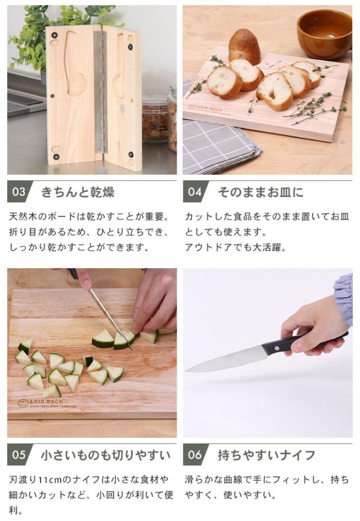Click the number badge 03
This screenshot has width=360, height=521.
[x=19, y=192]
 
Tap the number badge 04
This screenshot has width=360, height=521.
[x=195, y=192]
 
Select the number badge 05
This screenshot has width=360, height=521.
[x=19, y=455]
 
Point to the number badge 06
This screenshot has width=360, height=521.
[x=195, y=455]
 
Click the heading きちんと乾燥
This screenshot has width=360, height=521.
[x=78, y=192]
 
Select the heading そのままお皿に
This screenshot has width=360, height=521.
[x=260, y=192]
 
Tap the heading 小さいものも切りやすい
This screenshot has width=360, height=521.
[x=106, y=455]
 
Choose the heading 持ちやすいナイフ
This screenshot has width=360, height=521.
[x=266, y=455]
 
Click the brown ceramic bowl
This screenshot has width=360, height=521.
[x=324, y=34]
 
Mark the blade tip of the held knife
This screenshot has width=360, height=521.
[x=186, y=370]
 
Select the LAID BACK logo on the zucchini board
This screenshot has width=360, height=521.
[x=47, y=404]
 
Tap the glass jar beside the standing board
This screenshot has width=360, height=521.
[x=155, y=116]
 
